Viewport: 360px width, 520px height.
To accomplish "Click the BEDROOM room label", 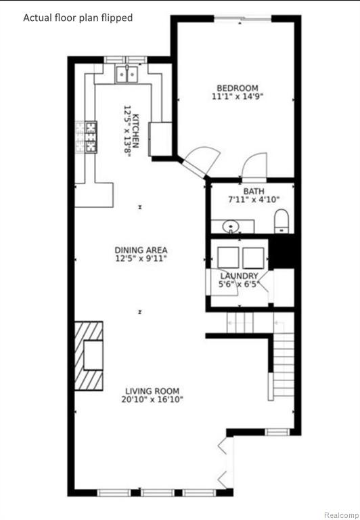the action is pos(238,88).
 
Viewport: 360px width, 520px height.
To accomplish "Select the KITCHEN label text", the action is pos(135,131).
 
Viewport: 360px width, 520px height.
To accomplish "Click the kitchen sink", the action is pos(127,74).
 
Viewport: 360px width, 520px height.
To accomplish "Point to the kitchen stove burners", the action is pos(91,137).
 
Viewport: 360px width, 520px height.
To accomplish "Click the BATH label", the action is pos(254,192).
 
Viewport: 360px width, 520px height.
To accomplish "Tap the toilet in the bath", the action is pos(282,221).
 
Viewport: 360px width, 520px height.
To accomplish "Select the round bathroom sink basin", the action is pos(231,227).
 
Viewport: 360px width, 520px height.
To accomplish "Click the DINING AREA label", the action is pos(141,250).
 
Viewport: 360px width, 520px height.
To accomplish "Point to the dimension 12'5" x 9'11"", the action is pos(141,259).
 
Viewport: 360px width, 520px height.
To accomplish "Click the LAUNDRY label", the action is pos(239,276).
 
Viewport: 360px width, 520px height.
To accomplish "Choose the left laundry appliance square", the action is pos(229,258).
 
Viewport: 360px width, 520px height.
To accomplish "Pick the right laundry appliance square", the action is pos(253,258).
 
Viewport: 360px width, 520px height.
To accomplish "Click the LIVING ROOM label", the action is pos(152,391).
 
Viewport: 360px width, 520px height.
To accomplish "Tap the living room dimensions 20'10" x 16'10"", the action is pos(152,399).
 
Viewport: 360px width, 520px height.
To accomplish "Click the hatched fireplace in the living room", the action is pos(89,356).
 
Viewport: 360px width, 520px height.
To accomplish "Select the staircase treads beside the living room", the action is pos(284,362).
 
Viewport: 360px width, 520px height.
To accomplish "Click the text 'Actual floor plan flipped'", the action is pos(78,18).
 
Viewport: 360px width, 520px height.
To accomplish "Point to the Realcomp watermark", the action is pos(341,515).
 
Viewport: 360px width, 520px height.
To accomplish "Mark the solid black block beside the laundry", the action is pos(282,251).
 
